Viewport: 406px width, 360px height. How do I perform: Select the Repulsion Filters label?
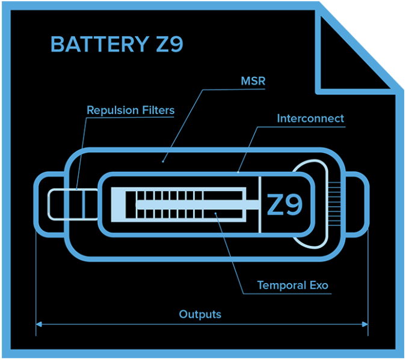tap(131, 111)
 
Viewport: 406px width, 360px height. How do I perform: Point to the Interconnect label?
tap(310, 118)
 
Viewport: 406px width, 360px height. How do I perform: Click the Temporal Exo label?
tap(293, 285)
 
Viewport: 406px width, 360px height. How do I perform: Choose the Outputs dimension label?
tap(200, 314)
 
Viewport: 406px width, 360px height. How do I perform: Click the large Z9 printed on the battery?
tap(285, 205)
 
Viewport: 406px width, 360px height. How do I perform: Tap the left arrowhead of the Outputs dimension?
tap(39, 325)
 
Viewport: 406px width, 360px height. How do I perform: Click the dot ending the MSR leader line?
tap(163, 160)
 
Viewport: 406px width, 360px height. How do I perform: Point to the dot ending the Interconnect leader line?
tap(238, 172)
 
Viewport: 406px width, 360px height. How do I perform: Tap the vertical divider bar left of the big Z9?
tap(259, 204)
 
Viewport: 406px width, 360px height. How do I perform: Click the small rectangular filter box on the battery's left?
tap(72, 204)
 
